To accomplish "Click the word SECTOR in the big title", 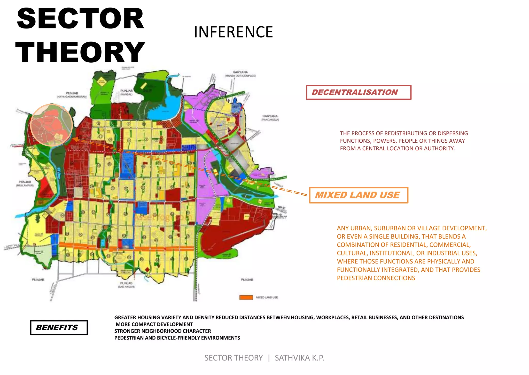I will click(x=80, y=19).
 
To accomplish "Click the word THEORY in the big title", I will click(x=80, y=53).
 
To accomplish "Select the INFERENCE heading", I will click(x=233, y=32).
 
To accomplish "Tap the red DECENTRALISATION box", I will click(x=358, y=92).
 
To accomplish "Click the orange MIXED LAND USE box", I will click(x=358, y=195).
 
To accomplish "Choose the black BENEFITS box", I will click(x=59, y=328).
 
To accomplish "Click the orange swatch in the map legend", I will click(x=246, y=297).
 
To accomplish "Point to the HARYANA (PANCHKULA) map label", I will click(x=270, y=118).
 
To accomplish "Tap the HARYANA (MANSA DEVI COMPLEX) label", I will click(x=240, y=74).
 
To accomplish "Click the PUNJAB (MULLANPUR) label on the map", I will click(x=25, y=183).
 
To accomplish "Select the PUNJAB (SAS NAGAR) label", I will click(x=126, y=285).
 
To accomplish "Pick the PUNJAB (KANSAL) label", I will click(x=126, y=92).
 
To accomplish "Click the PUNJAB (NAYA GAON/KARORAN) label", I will click(x=72, y=95).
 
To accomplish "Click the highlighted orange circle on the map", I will click(x=51, y=125).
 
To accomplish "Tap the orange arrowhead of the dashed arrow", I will click(x=75, y=139).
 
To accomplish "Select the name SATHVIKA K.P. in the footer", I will click(x=299, y=358).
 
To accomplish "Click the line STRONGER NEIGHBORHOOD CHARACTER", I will click(x=162, y=331).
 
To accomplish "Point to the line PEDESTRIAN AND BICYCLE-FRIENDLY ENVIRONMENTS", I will click(x=177, y=338).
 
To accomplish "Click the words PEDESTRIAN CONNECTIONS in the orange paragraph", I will click(x=376, y=278).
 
